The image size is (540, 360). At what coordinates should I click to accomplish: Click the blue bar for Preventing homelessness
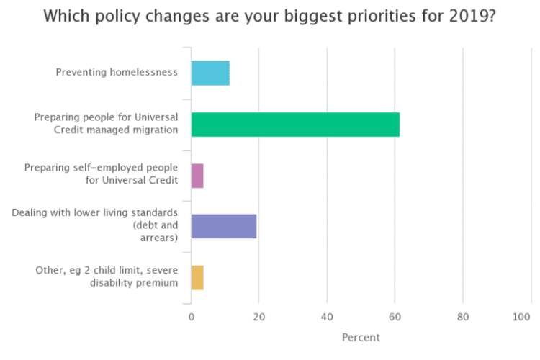point(210,73)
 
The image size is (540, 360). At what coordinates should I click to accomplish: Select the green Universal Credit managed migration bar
point(295,125)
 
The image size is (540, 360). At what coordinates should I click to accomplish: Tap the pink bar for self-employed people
point(197,176)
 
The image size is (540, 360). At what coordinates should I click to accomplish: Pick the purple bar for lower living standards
point(224,226)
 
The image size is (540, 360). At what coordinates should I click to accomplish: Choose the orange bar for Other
point(197,277)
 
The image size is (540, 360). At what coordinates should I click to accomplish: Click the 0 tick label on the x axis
point(192,317)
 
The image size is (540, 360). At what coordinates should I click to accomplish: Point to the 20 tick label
point(259,317)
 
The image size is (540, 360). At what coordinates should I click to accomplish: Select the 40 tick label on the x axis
point(327,317)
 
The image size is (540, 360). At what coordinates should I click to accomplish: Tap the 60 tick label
point(395,317)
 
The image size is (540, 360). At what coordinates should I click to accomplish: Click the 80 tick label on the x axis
point(463,317)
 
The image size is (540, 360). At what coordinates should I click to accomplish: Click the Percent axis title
point(361,338)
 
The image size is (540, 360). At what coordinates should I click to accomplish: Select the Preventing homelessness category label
point(117,73)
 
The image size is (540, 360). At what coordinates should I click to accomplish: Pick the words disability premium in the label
point(134,283)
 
